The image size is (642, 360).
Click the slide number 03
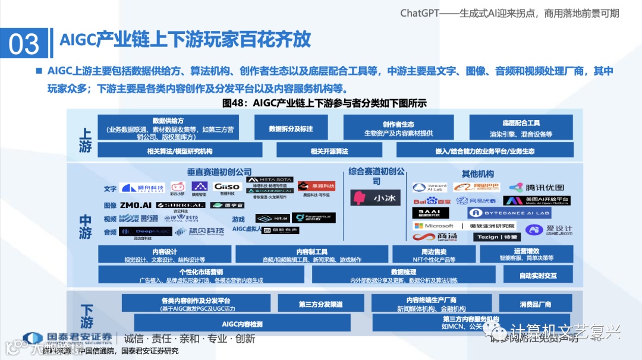click(24, 44)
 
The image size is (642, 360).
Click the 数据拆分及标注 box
click(291, 128)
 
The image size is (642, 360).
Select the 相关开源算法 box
click(329, 151)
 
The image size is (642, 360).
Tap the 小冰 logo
click(375, 198)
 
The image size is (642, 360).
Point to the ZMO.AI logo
click(134, 205)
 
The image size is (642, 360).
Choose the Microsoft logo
click(434, 226)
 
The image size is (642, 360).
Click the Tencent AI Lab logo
click(429, 187)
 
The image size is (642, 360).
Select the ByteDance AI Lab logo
click(508, 213)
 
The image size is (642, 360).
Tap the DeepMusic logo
click(144, 231)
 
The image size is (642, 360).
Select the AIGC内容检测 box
click(242, 324)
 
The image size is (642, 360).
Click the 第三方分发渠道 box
click(320, 304)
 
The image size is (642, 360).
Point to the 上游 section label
click(85, 141)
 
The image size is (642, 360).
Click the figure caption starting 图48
click(324, 103)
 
